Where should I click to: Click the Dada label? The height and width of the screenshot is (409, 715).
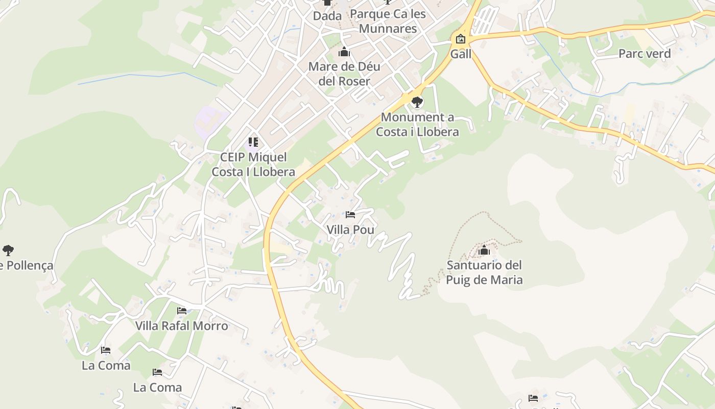click(327, 16)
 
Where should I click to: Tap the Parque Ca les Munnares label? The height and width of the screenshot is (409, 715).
click(388, 21)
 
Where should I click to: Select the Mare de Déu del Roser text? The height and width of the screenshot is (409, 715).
click(344, 74)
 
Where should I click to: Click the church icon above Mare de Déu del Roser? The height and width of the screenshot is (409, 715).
click(344, 52)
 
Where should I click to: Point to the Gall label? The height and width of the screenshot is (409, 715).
click(461, 54)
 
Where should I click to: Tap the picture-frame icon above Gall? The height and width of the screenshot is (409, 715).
click(461, 38)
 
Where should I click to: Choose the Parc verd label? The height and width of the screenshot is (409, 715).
click(645, 53)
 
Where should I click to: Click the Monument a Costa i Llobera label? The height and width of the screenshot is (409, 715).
click(417, 124)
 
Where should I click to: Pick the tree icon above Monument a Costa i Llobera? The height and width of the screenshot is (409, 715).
click(417, 102)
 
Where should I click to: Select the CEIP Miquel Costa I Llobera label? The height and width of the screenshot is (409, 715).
click(253, 165)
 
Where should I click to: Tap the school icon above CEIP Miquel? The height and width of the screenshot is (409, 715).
click(253, 142)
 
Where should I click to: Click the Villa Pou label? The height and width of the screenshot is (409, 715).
click(350, 230)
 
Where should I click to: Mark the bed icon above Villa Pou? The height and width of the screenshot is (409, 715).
click(350, 215)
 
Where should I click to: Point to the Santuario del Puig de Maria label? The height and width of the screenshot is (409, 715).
click(484, 272)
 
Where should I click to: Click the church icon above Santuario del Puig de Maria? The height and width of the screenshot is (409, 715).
click(484, 251)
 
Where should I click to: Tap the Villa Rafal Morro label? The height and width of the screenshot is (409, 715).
click(181, 326)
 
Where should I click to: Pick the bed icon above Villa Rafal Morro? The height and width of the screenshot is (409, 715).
click(182, 310)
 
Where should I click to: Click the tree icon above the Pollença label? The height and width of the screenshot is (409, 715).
click(8, 251)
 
